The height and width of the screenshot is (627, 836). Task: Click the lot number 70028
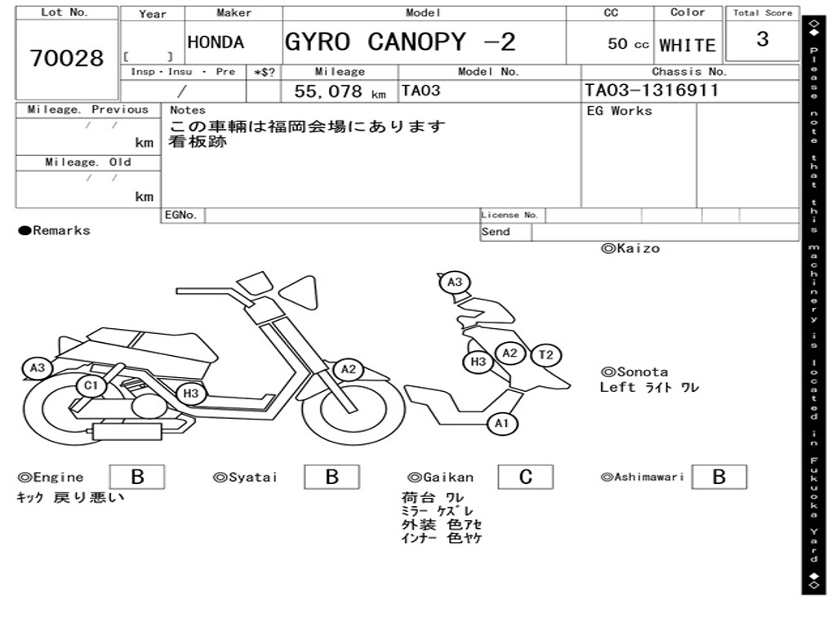point(67,59)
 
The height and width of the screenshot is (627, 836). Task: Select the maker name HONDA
point(216,42)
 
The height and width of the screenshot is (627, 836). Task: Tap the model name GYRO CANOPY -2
point(400,42)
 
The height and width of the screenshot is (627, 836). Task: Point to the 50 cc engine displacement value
point(628,44)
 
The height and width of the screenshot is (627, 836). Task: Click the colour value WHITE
point(687,46)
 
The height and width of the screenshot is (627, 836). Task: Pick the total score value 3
point(763,40)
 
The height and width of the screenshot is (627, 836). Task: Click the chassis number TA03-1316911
point(651,91)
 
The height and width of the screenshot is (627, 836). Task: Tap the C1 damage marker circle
point(90,385)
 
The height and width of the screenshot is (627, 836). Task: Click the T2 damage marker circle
point(546,355)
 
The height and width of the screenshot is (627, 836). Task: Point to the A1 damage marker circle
point(502,424)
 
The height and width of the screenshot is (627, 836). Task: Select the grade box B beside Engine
point(137,477)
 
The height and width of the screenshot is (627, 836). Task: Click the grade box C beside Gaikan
point(526,477)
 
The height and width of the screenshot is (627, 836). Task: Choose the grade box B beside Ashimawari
point(718,477)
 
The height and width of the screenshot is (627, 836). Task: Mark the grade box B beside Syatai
point(331,477)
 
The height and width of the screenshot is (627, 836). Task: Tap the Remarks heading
point(55,231)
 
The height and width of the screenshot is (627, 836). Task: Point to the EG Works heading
point(620,111)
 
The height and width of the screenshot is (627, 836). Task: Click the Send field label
point(496,232)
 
